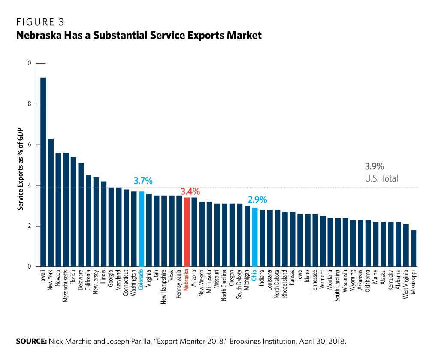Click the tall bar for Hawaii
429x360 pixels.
43,172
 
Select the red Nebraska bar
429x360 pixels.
187,232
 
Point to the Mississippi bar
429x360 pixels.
413,248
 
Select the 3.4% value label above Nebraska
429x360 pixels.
190,191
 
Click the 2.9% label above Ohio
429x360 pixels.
257,200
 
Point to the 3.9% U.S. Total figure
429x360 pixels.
374,166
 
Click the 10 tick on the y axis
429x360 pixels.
28,63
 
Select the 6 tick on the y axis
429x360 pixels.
29,145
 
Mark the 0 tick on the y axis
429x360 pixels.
29,267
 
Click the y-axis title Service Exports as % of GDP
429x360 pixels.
20,170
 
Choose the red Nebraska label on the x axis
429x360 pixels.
187,281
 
